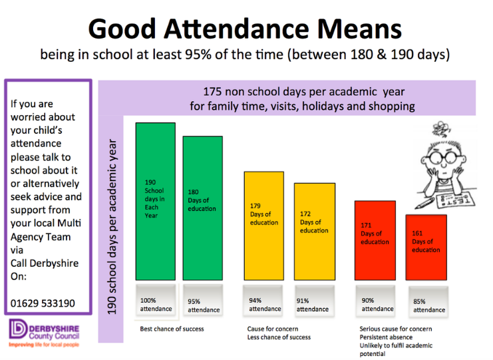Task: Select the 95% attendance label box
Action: click(x=203, y=305)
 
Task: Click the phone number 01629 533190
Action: click(x=43, y=303)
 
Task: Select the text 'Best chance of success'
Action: click(x=172, y=329)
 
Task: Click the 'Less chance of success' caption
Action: click(x=279, y=337)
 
